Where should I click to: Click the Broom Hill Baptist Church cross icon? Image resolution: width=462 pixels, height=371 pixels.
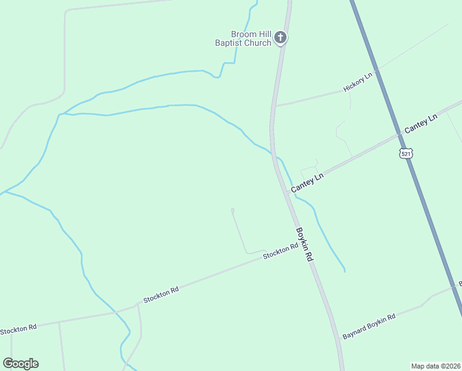pos(280,38)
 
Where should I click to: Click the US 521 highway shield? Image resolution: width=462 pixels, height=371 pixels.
pos(405,153)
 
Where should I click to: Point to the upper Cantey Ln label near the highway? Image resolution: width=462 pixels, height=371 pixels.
pos(421,123)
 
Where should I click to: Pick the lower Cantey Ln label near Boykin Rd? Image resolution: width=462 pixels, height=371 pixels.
pos(307,182)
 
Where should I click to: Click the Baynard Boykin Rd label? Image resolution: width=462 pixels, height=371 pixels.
pos(369,326)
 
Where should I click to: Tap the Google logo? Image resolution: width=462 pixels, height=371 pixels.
pos(21,364)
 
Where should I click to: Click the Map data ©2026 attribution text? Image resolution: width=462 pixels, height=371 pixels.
pos(435,365)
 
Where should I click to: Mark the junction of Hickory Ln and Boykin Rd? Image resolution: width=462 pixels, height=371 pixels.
pos(274,106)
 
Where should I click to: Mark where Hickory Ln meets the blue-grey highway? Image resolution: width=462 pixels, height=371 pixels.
pos(377,69)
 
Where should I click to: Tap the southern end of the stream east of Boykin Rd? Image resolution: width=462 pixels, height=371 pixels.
pos(345,271)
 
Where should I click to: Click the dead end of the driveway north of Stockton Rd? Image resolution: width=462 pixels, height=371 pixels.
pos(232,210)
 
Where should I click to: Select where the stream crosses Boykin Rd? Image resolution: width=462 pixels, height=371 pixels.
pos(275,155)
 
